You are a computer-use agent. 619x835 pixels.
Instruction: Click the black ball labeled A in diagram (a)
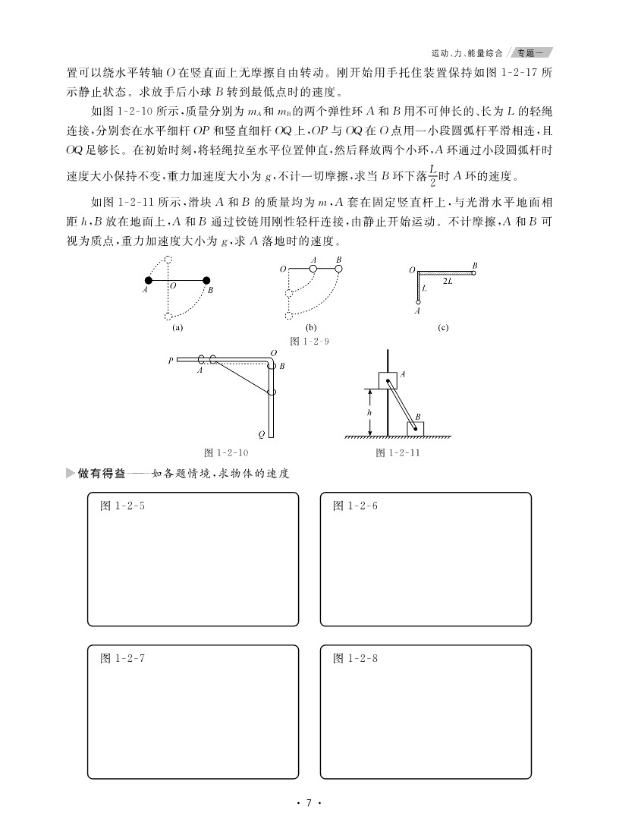pos(149,280)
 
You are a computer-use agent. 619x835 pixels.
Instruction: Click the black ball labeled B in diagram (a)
pos(205,280)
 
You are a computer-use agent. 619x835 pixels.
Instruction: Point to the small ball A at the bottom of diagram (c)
pos(416,303)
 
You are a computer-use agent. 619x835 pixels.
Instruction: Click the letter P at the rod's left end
pos(171,361)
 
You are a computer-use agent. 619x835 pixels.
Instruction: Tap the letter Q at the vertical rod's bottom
pos(261,435)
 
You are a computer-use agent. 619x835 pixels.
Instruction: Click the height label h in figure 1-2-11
pos(369,412)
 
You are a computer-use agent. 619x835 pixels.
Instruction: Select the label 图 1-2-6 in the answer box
pos(355,506)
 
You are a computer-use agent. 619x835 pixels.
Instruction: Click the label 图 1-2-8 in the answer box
pos(355,658)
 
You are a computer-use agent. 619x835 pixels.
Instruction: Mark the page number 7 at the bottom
pos(309,804)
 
